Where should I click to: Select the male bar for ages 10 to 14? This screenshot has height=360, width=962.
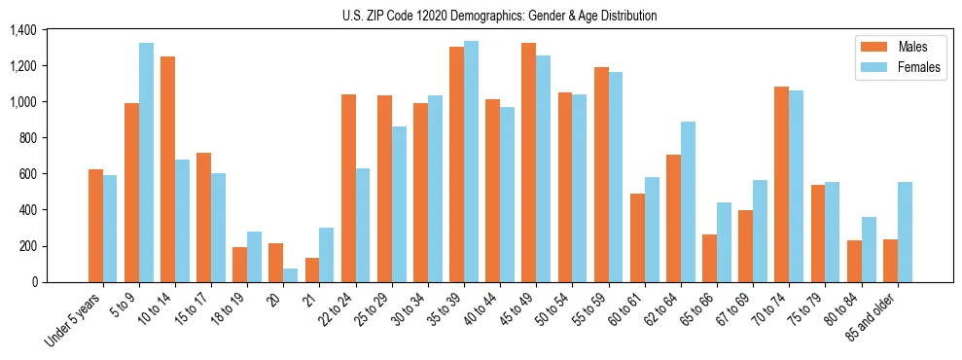point(167,169)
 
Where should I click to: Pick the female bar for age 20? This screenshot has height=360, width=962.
point(291,275)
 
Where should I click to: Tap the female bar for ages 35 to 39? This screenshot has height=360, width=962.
point(471,162)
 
